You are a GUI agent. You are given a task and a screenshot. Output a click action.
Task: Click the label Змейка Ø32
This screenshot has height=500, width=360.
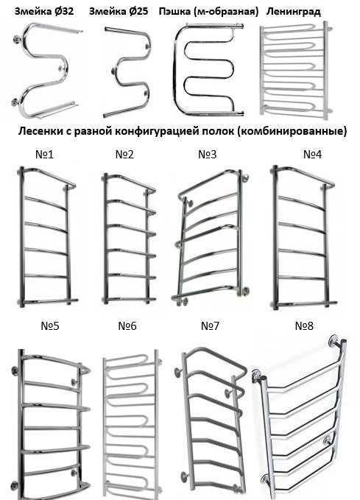tap(44, 11)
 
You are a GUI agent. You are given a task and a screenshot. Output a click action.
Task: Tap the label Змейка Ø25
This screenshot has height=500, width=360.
tap(119, 11)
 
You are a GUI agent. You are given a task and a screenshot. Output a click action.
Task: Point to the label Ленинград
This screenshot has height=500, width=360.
tap(293, 12)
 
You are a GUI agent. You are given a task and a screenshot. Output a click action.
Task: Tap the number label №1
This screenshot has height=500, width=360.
tap(44, 155)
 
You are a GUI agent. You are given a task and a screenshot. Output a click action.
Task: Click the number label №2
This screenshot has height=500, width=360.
tap(124, 155)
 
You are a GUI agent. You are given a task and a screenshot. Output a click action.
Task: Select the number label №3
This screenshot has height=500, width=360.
tap(208, 155)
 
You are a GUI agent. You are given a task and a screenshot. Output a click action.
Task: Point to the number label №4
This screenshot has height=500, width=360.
tap(312, 155)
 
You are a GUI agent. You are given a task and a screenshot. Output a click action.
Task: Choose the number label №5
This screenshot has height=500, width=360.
tap(50, 326)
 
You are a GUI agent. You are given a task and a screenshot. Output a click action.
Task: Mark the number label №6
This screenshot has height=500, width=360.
tap(127, 326)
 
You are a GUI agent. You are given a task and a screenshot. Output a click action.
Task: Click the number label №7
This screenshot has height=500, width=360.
tap(210, 326)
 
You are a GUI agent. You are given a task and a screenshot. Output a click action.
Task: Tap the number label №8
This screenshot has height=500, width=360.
tap(304, 326)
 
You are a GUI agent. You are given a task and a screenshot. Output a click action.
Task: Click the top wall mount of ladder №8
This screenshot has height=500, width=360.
tap(334, 340)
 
